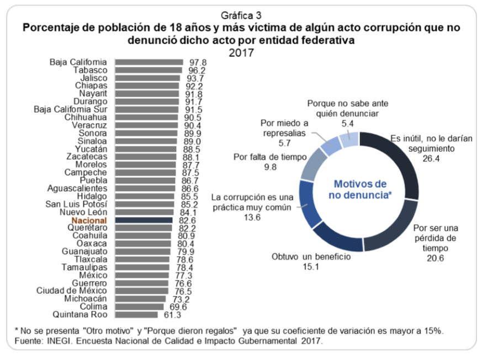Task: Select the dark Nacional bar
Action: (145, 220)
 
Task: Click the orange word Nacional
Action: (89, 220)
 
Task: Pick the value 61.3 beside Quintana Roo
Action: (173, 315)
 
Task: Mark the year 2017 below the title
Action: (241, 52)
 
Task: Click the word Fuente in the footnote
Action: (27, 341)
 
